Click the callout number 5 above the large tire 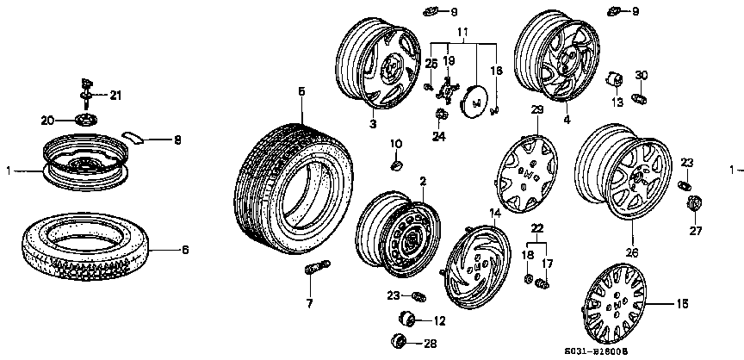point(301,90)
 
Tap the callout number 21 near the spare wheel point(115,95)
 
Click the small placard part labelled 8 point(133,135)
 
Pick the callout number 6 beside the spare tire point(183,250)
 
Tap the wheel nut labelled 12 point(410,321)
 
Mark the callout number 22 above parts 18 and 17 point(538,227)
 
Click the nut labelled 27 point(693,206)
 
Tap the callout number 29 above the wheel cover point(536,110)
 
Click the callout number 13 point(617,102)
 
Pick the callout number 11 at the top point(463,32)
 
